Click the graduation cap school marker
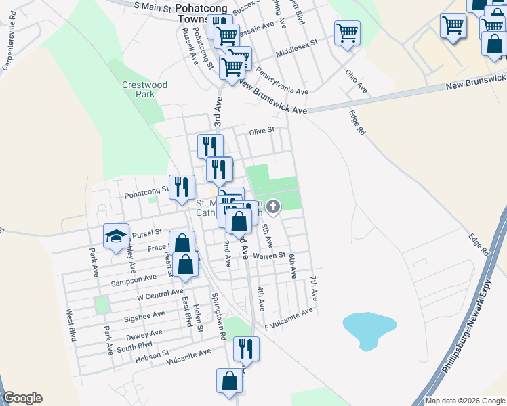[x=116, y=236]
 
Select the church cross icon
[x=272, y=206]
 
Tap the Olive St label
[x=262, y=131]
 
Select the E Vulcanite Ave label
[x=289, y=315]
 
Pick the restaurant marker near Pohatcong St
[x=182, y=187]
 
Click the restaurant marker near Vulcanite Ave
[x=246, y=348]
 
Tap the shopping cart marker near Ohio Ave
[x=347, y=32]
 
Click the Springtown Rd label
[x=218, y=316]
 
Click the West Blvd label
[x=70, y=326]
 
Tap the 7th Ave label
[x=314, y=288]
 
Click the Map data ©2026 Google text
[x=465, y=401]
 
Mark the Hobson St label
[x=152, y=355]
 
